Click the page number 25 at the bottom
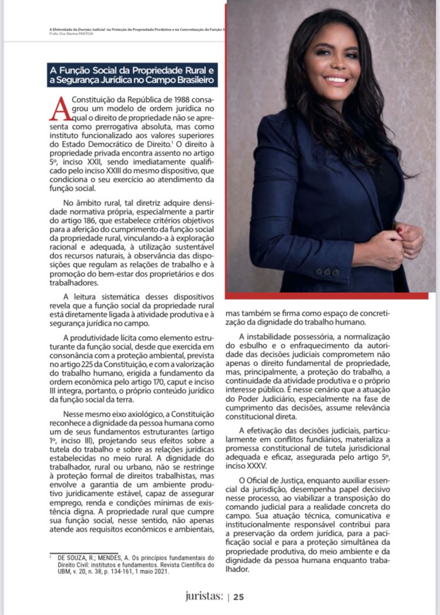coord(239,597)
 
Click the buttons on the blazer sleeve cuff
coord(327,272)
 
